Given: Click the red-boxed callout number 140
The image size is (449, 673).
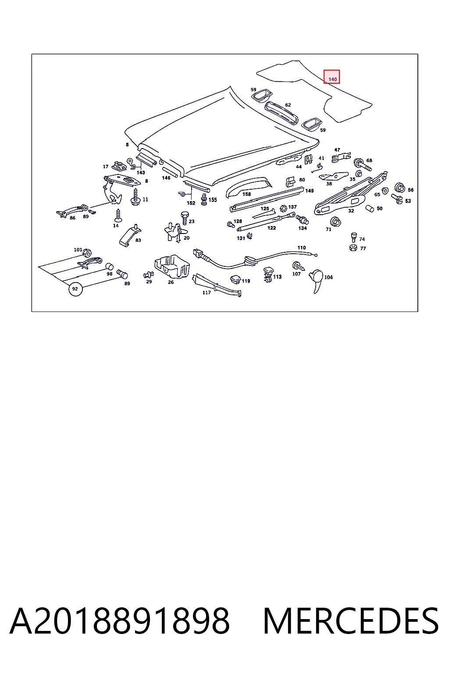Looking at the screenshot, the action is (x=332, y=79).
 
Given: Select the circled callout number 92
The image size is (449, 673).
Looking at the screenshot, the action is (x=75, y=289).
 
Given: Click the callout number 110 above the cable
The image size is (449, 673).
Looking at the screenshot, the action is (x=301, y=248).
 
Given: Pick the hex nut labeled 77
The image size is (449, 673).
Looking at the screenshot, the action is (x=353, y=248).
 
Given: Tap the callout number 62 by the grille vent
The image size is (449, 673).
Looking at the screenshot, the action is (x=288, y=105).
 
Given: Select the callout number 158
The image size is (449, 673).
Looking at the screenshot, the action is (x=246, y=194).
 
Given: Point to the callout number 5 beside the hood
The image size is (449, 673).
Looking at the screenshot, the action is (x=127, y=145).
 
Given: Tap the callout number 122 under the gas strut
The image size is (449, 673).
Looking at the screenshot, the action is (x=271, y=228).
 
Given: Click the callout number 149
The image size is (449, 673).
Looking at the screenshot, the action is (x=309, y=191).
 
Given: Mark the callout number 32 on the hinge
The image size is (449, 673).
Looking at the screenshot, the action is (x=351, y=211).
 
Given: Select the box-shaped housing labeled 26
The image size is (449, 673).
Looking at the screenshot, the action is (x=172, y=267).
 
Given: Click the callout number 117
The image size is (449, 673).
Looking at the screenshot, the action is (x=207, y=292).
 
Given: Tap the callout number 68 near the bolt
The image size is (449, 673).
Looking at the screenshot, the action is (x=369, y=160).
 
